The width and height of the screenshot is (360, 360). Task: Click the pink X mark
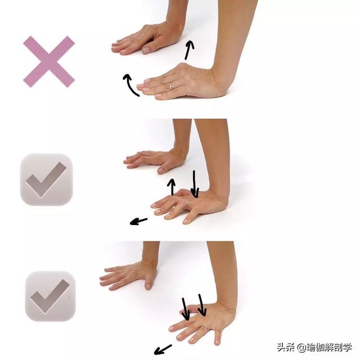(48, 61)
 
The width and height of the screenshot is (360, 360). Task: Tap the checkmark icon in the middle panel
(46, 179)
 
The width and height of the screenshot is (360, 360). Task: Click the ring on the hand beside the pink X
(171, 86)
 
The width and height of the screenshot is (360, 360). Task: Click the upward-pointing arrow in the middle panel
(173, 187)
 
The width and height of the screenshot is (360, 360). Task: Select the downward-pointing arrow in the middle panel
(194, 184)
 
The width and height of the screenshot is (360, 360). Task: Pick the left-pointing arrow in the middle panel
(138, 221)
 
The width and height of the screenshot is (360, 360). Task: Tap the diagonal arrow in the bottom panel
(163, 348)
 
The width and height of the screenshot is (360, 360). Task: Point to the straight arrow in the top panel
(189, 49)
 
